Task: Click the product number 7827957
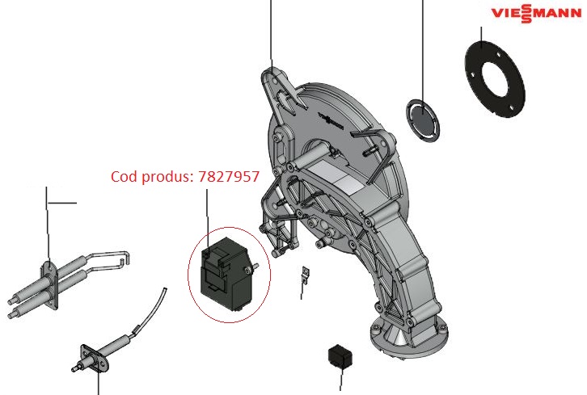[229, 177]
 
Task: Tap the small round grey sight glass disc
[423, 120]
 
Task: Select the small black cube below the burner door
[337, 355]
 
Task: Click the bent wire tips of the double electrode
[121, 258]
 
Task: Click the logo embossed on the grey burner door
[335, 119]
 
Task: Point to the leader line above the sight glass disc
[423, 48]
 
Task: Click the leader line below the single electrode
[98, 383]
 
